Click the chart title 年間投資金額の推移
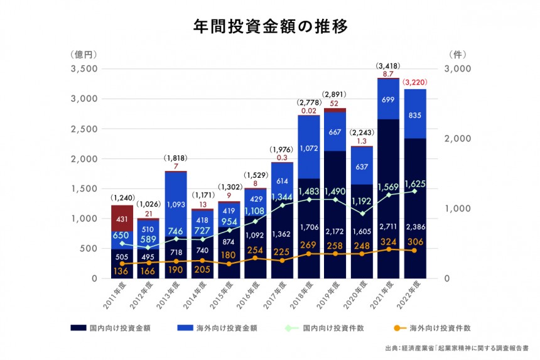(269, 28)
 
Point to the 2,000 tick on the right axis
(457, 139)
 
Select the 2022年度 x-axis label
(414, 295)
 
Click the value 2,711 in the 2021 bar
(389, 227)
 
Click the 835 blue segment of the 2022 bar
(416, 116)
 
